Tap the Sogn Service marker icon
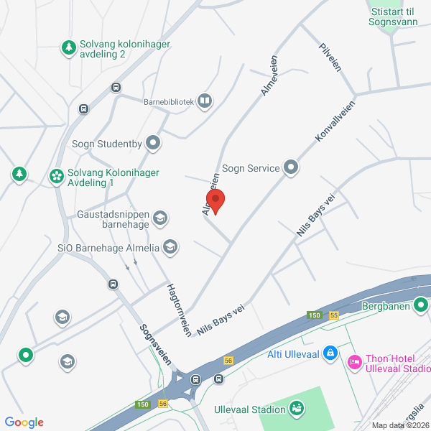(291, 168)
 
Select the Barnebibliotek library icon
(205, 101)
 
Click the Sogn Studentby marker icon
(153, 143)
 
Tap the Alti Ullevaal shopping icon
(330, 352)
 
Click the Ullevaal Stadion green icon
(296, 409)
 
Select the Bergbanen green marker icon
(422, 306)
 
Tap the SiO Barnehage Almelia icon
(170, 248)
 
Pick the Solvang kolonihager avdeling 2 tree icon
(68, 47)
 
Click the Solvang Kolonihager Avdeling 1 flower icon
(56, 176)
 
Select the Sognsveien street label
(155, 344)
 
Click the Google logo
(24, 422)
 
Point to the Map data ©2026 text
(400, 425)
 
